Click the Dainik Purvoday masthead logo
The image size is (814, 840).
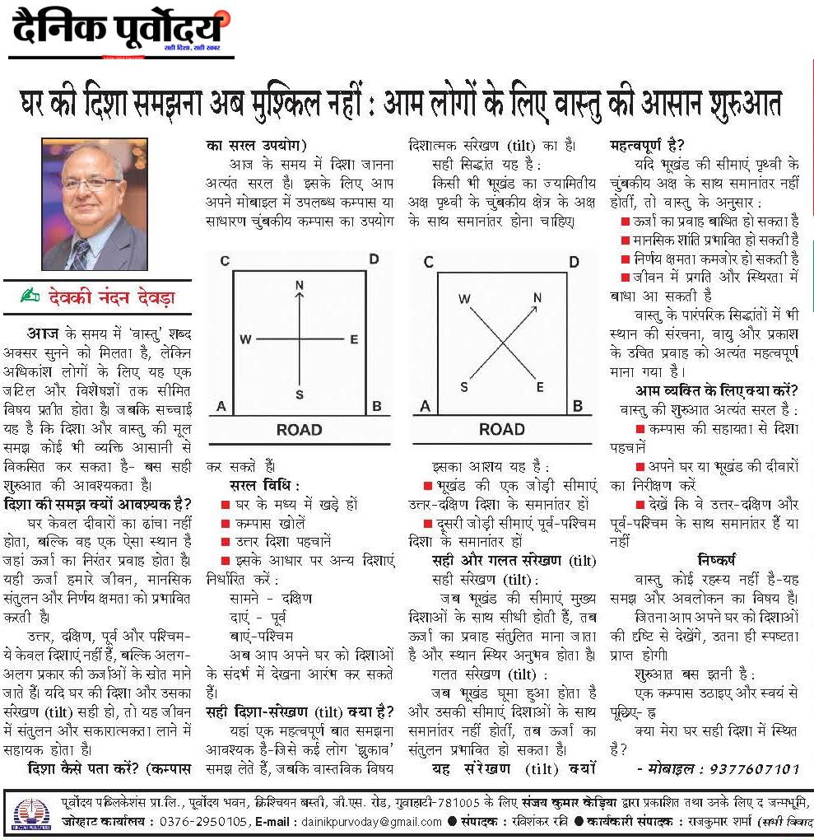coord(119,30)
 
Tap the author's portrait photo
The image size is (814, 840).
coord(94,204)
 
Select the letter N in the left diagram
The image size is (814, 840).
coord(300,285)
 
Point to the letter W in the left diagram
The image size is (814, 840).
coord(245,339)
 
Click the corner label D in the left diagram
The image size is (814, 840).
coord(373,260)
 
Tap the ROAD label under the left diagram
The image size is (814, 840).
coord(299,429)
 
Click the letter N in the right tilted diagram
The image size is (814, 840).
coord(537,298)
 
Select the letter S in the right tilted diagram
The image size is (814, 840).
coord(465,386)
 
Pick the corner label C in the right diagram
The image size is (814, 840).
coord(428,263)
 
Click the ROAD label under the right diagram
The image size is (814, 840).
coord(501,429)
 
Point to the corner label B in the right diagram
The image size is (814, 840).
coord(577,406)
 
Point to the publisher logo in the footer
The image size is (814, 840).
coord(31,811)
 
